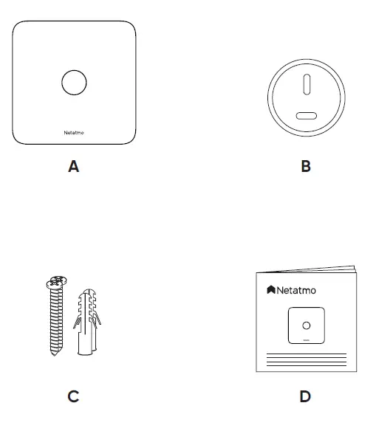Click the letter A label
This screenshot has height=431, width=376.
(x=73, y=167)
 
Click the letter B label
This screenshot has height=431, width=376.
(x=306, y=167)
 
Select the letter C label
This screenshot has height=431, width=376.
(x=73, y=397)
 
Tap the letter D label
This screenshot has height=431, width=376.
(x=305, y=397)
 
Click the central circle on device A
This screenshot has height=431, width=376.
(x=74, y=83)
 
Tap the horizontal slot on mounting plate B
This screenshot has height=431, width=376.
(x=305, y=114)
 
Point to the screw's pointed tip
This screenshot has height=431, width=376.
(x=55, y=355)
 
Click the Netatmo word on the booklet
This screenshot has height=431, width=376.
(x=297, y=290)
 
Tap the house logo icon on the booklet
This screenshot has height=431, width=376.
(x=271, y=289)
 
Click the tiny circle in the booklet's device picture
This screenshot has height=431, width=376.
(x=307, y=324)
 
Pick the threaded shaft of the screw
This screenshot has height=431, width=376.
(x=54, y=317)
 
